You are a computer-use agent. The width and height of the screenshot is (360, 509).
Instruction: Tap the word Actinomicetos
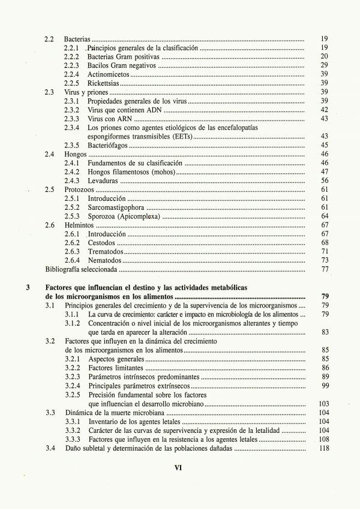click(x=108, y=74)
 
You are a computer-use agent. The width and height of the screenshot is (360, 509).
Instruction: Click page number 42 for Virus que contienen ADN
click(x=324, y=110)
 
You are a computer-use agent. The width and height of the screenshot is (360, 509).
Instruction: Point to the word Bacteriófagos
click(x=108, y=146)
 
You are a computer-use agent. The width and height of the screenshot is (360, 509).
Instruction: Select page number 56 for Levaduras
click(x=324, y=181)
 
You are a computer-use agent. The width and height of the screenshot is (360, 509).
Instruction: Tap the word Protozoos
click(x=79, y=190)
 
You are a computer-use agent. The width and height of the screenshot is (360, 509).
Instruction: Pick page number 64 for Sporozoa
click(x=324, y=216)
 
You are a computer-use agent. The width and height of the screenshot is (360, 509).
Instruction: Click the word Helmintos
click(x=79, y=225)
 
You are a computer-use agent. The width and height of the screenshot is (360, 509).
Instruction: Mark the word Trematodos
click(x=106, y=252)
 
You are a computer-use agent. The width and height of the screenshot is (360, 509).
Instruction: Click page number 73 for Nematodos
click(x=324, y=261)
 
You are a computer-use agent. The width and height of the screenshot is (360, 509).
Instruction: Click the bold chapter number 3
click(x=28, y=288)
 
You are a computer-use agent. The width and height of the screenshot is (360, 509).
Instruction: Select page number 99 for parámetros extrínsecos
click(x=324, y=385)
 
